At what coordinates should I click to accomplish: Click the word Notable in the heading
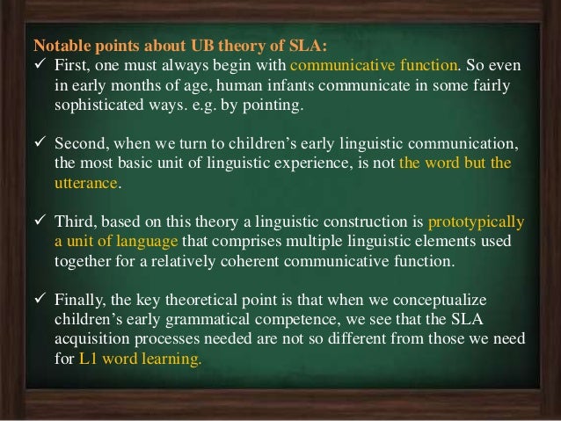(x=58, y=45)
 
